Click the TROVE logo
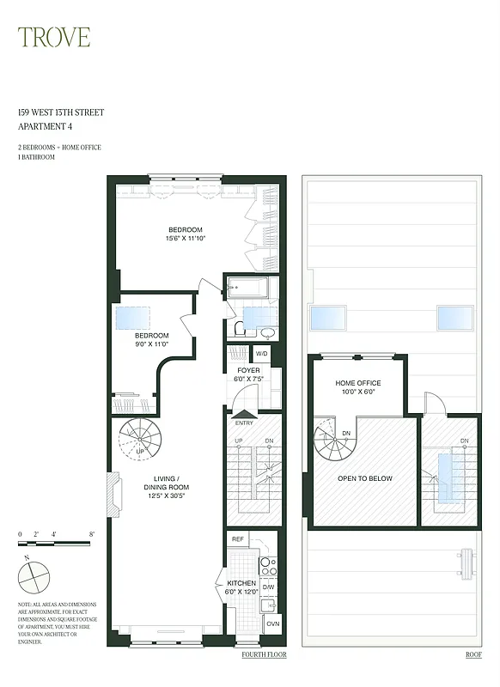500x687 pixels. coord(54,37)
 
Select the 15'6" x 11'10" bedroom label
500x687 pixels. coord(185,234)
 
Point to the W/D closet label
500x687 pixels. coord(261,354)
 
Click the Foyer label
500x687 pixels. coord(248,375)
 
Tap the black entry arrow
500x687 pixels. coord(243,414)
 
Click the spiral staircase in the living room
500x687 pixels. coord(139,440)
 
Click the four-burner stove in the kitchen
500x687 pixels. coord(268,566)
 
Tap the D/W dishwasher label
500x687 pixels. coord(269,588)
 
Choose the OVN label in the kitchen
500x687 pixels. coord(272,624)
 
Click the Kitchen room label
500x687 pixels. coord(241,587)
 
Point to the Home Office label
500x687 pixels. coord(357,388)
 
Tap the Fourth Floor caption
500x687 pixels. coord(264,655)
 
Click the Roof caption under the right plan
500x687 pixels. coord(473,655)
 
